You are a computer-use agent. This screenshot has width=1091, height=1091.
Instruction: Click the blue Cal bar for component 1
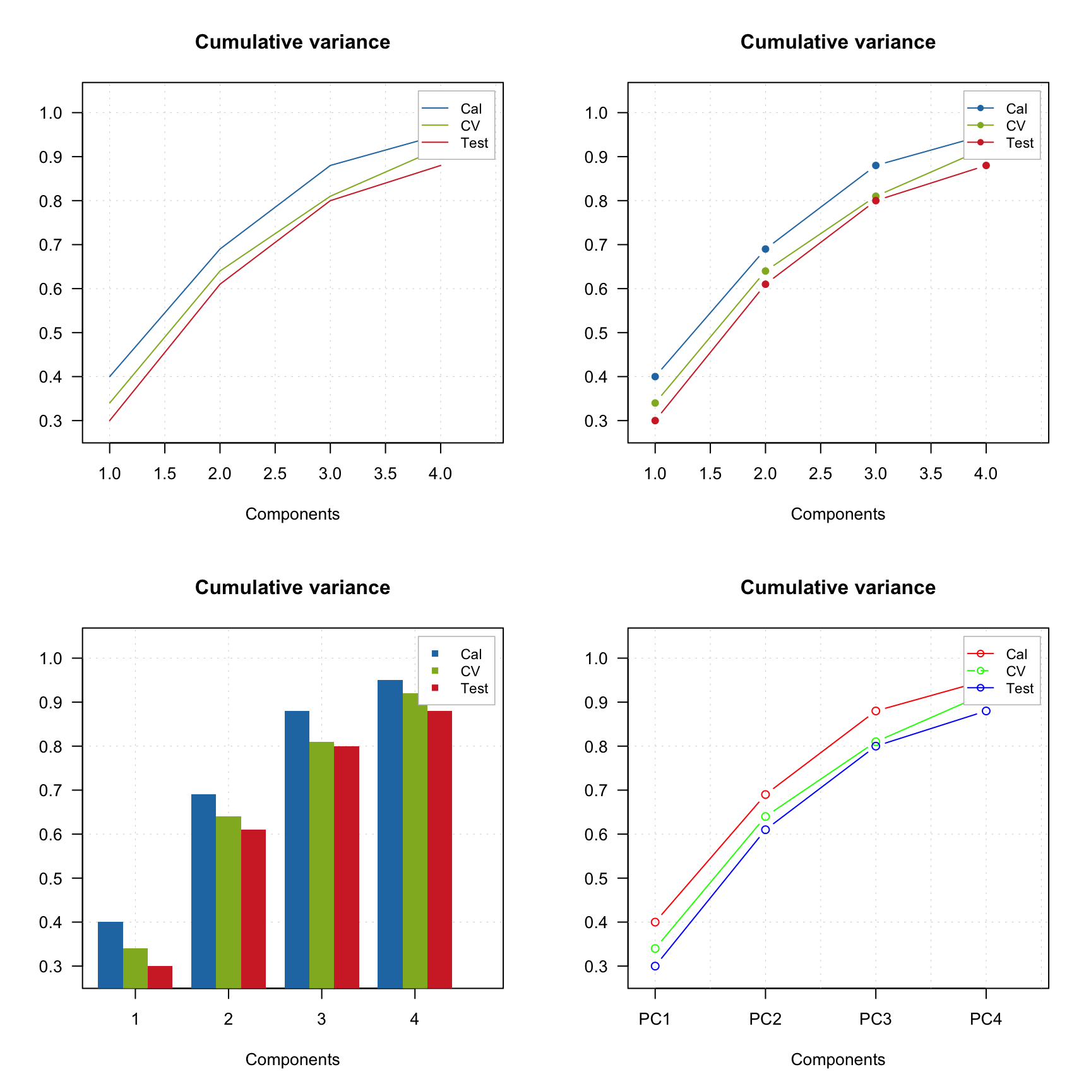[x=110, y=954]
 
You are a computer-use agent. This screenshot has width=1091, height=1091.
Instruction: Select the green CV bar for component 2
[x=229, y=902]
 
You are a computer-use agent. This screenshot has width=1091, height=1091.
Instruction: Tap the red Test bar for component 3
[x=347, y=866]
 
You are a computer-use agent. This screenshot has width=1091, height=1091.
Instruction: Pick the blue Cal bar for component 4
[x=390, y=833]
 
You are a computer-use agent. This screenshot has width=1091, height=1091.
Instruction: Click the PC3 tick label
[x=875, y=1019]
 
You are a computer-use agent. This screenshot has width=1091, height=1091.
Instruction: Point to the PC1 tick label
[x=655, y=1019]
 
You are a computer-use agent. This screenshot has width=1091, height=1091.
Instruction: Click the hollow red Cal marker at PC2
[x=765, y=794]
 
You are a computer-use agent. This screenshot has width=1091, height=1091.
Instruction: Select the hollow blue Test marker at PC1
[x=655, y=966]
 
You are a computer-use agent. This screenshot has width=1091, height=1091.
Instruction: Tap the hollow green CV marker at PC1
[x=655, y=948]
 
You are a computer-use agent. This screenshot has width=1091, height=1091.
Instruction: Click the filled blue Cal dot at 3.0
[x=876, y=165]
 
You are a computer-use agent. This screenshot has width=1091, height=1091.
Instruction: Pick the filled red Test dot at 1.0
[x=655, y=420]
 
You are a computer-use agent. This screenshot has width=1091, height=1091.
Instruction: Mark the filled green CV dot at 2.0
[x=765, y=271]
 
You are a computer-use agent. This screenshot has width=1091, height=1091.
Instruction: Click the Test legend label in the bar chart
[x=474, y=688]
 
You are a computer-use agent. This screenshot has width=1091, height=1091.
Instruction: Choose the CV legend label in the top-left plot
[x=470, y=126]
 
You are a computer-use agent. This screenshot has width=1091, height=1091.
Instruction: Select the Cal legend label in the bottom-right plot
[x=1016, y=654]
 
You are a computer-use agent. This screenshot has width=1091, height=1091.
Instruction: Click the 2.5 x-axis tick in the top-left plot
[x=275, y=474]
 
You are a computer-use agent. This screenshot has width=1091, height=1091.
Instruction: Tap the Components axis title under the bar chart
[x=292, y=1059]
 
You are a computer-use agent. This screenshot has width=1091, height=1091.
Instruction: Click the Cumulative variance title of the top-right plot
[x=838, y=42]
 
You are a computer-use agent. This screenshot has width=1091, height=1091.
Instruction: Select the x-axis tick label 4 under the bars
[x=414, y=1019]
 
